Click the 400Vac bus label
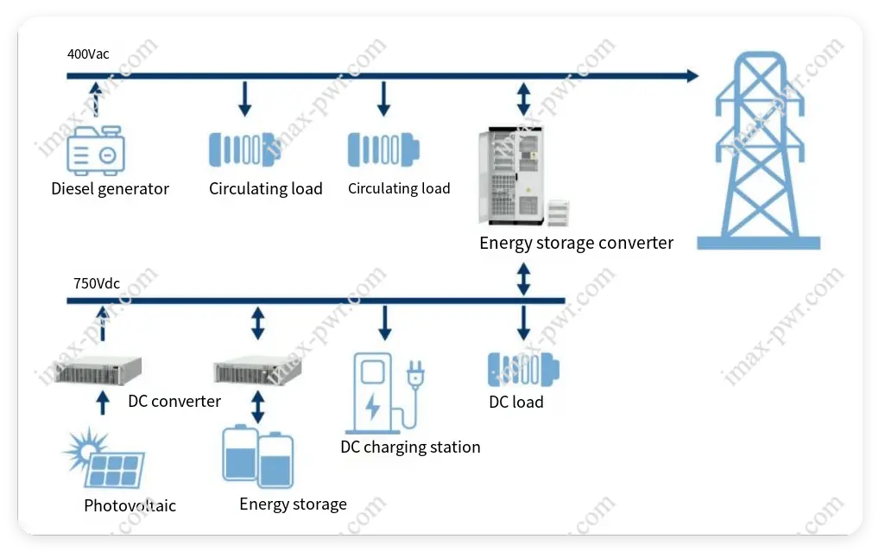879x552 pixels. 89,54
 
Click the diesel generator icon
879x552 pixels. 96,150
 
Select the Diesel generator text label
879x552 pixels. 110,189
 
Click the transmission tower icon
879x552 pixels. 758,152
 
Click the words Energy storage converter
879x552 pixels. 576,244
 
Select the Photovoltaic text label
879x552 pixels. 130,506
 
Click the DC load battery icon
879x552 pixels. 522,369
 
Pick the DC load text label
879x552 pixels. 516,403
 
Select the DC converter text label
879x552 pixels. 174,402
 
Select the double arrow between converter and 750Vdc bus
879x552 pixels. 523,278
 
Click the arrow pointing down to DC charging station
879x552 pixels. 385,322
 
